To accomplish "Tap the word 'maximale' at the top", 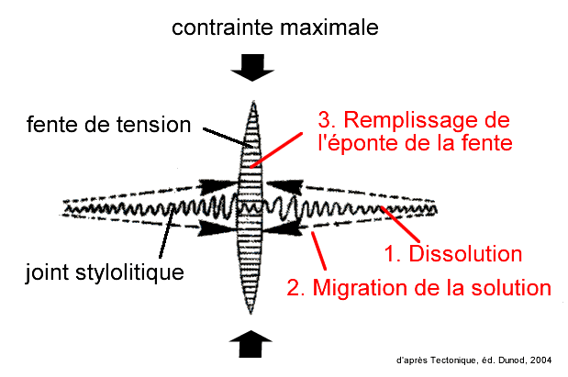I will [x=329, y=29].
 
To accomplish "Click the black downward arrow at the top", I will [x=251, y=66].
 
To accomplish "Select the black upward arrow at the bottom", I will [x=251, y=345].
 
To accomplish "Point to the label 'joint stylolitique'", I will [x=104, y=272].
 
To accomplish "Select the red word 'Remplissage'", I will [x=426, y=120].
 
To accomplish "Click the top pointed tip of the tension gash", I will [x=251, y=100].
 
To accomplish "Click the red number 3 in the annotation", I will [x=324, y=120].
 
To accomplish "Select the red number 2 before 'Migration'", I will [x=294, y=288].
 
